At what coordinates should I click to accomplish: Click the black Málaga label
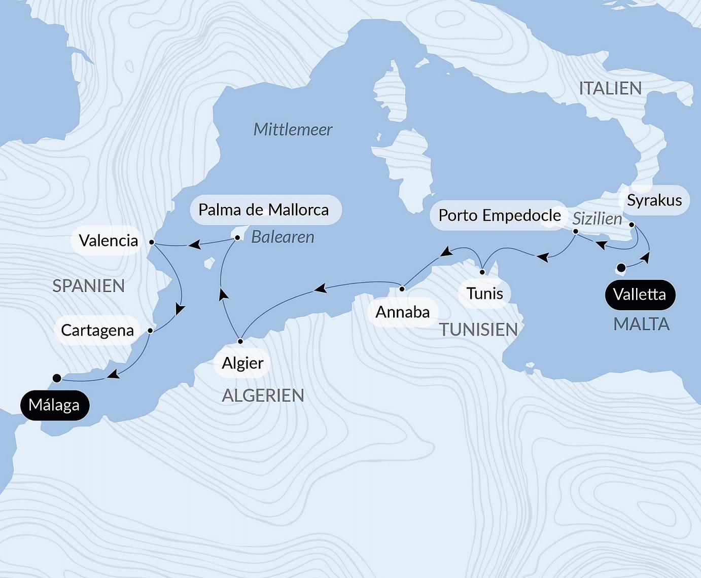pos(54,405)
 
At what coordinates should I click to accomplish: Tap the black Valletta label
pos(639,295)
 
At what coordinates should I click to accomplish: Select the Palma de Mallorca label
pos(264,210)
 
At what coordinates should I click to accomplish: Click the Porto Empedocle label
pos(499,215)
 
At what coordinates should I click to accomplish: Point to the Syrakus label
pos(654,200)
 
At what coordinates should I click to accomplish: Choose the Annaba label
pos(402,312)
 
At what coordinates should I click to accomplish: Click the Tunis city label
pos(484,294)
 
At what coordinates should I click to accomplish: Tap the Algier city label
pos(242,363)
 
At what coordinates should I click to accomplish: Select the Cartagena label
pos(97,331)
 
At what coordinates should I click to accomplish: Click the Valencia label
pos(109,240)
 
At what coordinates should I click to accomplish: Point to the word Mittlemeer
pos(293,130)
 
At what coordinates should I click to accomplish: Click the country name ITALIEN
pos(610,89)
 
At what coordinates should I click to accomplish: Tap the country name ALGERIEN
pos(263,395)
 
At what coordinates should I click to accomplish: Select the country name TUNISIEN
pos(478,330)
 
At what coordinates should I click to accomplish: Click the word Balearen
pos(283,237)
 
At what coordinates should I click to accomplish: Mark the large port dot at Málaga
pos(57,378)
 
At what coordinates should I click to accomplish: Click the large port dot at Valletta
pos(620,267)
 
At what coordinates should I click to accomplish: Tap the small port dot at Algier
pos(240,341)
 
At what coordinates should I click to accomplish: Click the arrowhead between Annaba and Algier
pos(320,289)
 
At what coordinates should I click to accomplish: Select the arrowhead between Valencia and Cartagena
pos(180,309)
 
